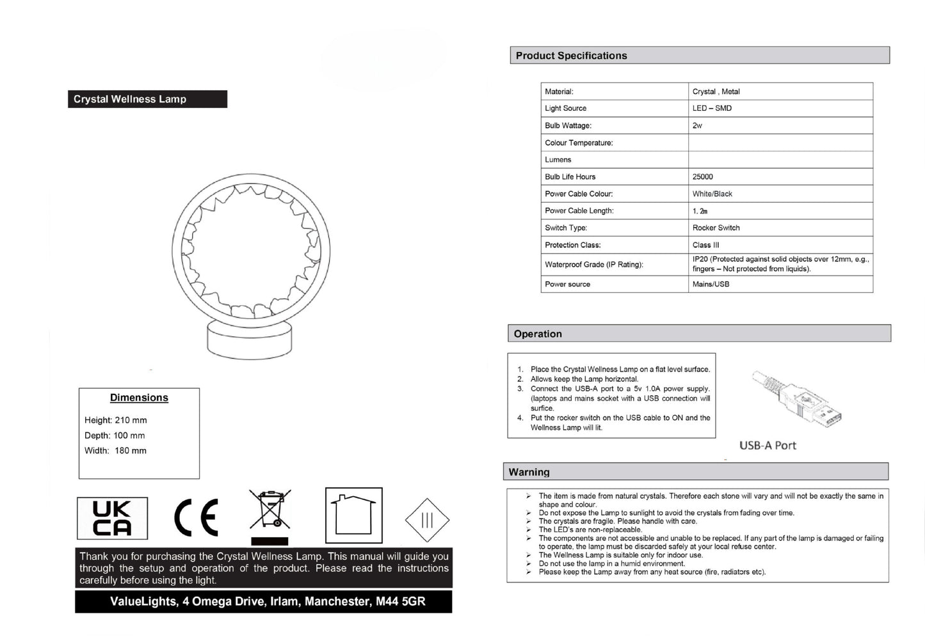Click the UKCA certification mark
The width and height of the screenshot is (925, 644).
coord(112,518)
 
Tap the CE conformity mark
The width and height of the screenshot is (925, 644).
coord(197,517)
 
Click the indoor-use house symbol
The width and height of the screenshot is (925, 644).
coord(353,515)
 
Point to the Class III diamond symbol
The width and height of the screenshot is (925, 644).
coord(427,520)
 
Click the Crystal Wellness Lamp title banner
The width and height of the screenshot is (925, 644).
coord(147,99)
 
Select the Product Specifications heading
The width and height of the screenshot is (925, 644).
coord(572,56)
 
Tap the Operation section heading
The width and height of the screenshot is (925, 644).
coord(538,334)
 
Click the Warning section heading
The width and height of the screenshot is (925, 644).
coord(529,472)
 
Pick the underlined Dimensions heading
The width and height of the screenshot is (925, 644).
coord(139,398)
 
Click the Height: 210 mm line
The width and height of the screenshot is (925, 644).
coord(116,420)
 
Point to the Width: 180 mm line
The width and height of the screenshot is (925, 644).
coord(115,451)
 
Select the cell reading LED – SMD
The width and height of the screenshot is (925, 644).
coord(712,108)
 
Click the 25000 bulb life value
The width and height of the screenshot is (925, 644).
coord(702,177)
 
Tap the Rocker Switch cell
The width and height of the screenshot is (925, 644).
coord(716,228)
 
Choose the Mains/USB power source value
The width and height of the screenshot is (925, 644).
coord(711,284)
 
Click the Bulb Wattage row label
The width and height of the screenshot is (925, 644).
coord(568,125)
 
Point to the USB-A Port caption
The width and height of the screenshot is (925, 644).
coord(768,445)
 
